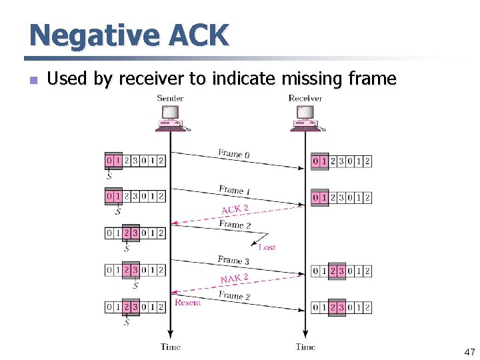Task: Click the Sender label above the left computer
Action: point(170,98)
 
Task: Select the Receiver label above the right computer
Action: point(305,98)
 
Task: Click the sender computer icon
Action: point(171,119)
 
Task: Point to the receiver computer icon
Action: point(306,119)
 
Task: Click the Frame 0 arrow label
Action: point(233,154)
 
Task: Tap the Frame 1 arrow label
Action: point(234,190)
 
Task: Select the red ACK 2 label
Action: point(235,209)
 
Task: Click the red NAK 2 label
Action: point(234,278)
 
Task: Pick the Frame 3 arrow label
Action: point(233,260)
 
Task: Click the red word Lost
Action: point(267,247)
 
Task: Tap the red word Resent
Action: point(187,303)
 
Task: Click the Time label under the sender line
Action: point(171,347)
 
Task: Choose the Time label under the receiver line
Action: point(305,347)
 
